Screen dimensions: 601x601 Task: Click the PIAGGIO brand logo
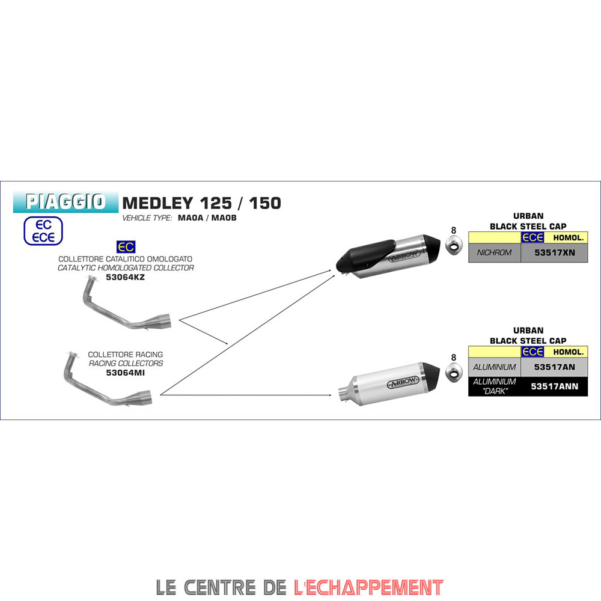[x=66, y=201]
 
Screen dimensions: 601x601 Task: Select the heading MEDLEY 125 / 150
[x=201, y=203]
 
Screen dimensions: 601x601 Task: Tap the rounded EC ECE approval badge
[x=43, y=231]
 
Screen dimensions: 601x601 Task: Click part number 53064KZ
[x=125, y=277]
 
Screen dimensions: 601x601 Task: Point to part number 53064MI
[x=125, y=373]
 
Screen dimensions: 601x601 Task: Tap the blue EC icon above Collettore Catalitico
[x=126, y=246]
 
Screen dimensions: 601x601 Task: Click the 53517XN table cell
[x=555, y=252]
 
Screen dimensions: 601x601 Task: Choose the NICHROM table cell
[x=494, y=252]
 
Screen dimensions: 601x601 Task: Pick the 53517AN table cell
[x=555, y=366]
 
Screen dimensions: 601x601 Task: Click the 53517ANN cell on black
[x=555, y=386]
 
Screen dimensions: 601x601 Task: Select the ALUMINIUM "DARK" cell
[x=494, y=386]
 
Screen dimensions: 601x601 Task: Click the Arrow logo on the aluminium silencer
[x=403, y=383]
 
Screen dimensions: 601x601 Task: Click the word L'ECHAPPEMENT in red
[x=368, y=587]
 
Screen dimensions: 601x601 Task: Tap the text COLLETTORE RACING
[x=125, y=355]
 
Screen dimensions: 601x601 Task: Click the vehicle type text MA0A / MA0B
[x=207, y=218]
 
